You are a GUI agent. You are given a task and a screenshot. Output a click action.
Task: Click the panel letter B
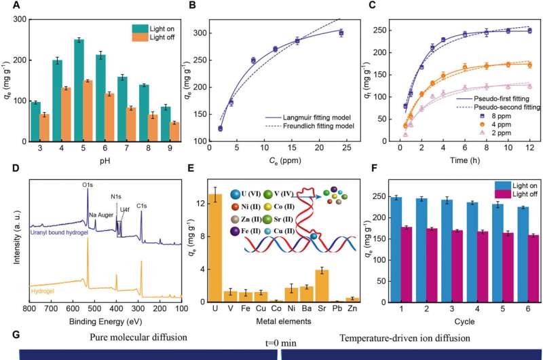click(x=193, y=6)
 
